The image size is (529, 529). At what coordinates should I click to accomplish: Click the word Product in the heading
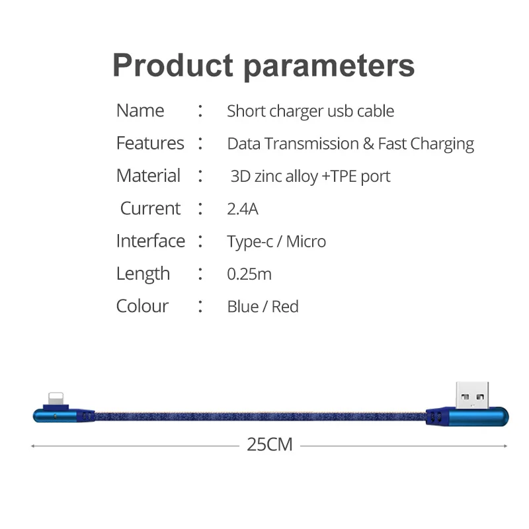point(173,65)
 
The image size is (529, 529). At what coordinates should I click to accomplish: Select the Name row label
point(140,110)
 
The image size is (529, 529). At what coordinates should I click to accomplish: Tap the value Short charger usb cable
point(310,111)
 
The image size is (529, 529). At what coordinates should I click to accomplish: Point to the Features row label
point(150,143)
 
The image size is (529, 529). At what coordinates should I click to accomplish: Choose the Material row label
point(148,175)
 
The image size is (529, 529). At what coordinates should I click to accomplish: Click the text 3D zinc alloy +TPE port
point(310,176)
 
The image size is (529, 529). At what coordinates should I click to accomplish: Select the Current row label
point(150,208)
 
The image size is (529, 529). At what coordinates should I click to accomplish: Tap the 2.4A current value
point(242,209)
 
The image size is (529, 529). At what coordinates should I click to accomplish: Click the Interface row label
point(150,241)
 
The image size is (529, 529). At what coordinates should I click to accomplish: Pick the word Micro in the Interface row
point(306,241)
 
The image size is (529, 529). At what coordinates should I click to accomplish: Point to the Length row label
point(143,274)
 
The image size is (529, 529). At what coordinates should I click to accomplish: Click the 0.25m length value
point(249,274)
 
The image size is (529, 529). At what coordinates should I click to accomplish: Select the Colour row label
point(142,306)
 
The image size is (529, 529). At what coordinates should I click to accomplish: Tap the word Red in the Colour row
point(285,307)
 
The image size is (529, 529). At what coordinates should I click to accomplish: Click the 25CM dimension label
point(269,444)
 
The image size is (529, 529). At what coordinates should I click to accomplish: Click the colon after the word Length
point(200,274)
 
